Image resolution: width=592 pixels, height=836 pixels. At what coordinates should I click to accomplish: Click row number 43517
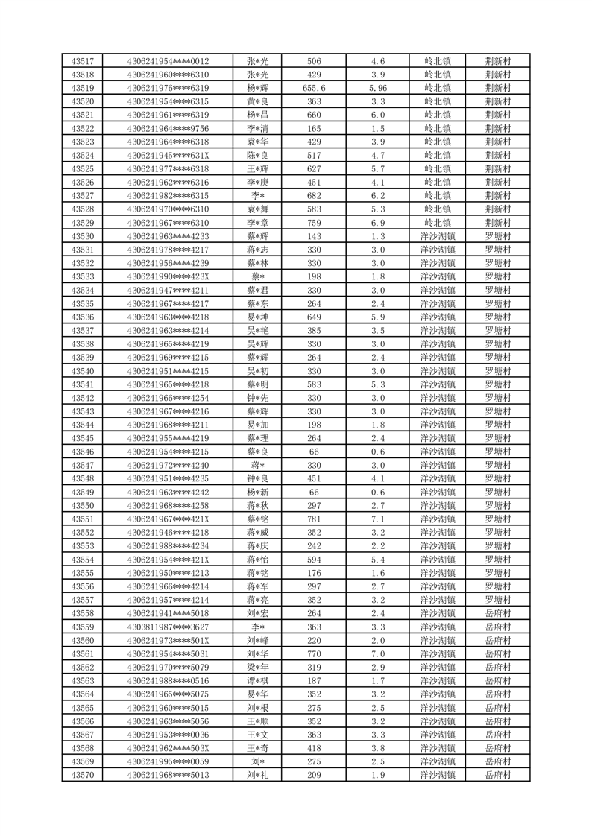[82, 61]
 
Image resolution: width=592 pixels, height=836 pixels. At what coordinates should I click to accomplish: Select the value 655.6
[314, 88]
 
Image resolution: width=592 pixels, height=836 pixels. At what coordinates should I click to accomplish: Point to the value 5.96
[377, 88]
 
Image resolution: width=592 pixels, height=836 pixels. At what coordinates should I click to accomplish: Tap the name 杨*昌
[258, 115]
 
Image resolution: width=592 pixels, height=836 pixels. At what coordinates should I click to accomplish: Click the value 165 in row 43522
[314, 128]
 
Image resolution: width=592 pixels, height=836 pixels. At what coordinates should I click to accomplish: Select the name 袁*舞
[258, 209]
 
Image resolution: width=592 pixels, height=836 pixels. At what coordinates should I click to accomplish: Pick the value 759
[314, 223]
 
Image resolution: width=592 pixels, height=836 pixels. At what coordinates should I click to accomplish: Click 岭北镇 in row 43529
[437, 223]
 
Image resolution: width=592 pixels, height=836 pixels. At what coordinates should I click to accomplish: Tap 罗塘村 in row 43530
[497, 236]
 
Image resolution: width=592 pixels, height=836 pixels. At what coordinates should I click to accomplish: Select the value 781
[314, 519]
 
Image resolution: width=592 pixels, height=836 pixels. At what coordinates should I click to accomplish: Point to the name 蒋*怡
[258, 560]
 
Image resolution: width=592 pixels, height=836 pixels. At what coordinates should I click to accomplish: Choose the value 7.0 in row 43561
[377, 654]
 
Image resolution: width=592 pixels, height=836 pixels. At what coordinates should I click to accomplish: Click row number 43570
[82, 776]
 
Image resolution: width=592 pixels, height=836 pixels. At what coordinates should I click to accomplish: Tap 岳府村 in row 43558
[497, 613]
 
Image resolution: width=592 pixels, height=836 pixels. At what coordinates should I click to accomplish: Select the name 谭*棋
[258, 681]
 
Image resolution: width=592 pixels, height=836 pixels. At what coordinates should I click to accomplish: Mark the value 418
[314, 749]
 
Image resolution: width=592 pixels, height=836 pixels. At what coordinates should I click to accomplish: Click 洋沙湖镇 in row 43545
[437, 438]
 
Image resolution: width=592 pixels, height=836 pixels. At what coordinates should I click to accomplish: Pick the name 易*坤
[258, 317]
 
